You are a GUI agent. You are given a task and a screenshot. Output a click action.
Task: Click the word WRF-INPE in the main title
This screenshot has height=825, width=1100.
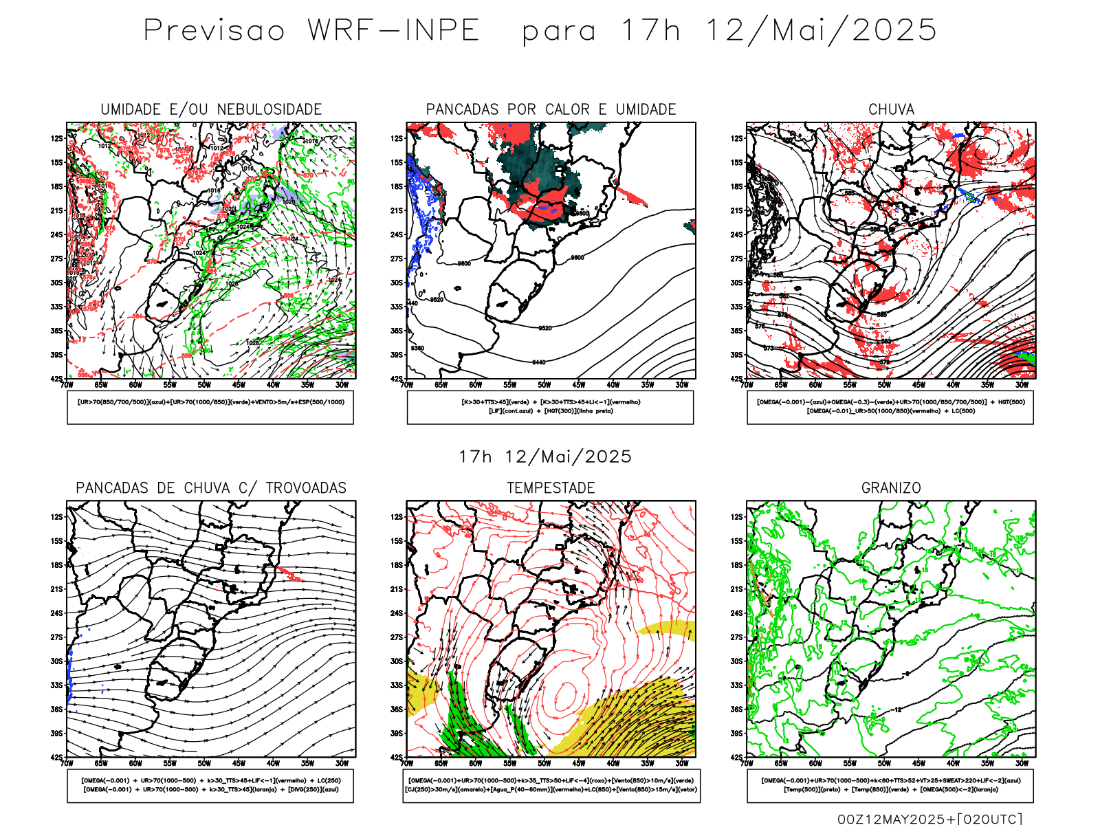(x=393, y=31)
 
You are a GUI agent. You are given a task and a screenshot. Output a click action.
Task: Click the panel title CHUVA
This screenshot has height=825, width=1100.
(x=891, y=109)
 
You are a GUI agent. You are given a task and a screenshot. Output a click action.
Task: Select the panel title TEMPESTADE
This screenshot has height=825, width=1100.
(x=551, y=488)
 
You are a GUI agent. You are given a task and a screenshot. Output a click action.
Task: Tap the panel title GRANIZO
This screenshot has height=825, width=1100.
(x=891, y=488)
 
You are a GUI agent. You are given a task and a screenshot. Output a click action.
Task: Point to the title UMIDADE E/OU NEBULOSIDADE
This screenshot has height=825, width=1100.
(x=211, y=109)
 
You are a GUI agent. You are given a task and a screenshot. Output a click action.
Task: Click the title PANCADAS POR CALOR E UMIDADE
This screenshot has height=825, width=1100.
(x=551, y=109)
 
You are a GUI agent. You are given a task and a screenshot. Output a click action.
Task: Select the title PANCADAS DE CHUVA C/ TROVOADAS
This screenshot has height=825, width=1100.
(x=211, y=488)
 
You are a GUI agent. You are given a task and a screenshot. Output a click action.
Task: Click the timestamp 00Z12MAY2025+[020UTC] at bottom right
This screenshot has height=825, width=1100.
(x=929, y=819)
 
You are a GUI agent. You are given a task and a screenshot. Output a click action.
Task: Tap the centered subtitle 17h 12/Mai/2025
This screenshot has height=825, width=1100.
(x=545, y=456)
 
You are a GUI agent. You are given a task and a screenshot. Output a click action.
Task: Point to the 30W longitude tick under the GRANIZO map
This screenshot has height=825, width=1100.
(x=1022, y=763)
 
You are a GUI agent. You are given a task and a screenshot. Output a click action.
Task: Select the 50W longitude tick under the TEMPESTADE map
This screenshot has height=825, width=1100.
(x=544, y=763)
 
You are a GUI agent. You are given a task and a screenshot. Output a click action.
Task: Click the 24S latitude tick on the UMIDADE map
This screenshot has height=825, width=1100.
(x=56, y=234)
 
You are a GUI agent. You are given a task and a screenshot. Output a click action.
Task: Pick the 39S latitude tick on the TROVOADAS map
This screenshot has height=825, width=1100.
(x=56, y=733)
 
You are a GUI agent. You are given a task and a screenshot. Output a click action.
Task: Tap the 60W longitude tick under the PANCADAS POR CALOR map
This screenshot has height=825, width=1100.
(x=475, y=385)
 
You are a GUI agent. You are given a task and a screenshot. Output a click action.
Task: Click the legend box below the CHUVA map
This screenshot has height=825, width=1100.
(x=890, y=407)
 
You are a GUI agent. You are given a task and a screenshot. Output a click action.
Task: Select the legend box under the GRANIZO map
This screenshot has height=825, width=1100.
(x=890, y=785)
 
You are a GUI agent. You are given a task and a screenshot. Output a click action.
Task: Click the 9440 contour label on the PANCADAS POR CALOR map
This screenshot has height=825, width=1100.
(x=538, y=362)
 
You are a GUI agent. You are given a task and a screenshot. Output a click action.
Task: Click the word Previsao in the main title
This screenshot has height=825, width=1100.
(x=214, y=31)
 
